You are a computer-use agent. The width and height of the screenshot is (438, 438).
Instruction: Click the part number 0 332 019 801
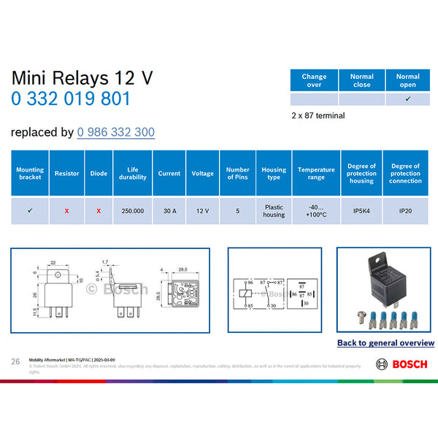[71, 99]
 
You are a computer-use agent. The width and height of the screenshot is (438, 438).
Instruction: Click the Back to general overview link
[385, 342]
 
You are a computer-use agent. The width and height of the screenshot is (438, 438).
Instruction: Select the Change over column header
[314, 80]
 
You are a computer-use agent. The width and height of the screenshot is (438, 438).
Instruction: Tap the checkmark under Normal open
[407, 99]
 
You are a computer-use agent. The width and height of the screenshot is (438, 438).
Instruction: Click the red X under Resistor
[66, 210]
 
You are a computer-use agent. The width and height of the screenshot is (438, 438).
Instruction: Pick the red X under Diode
[99, 210]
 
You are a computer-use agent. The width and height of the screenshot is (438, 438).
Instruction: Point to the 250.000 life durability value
[133, 210]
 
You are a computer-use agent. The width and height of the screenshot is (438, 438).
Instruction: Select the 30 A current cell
[169, 210]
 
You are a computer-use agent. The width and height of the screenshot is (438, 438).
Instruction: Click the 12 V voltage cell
[202, 210]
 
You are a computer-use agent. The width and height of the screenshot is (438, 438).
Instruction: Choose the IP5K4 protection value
[362, 210]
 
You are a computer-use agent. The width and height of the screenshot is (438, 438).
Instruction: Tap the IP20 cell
[405, 210]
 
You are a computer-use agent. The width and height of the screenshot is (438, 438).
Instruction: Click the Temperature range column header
[316, 174]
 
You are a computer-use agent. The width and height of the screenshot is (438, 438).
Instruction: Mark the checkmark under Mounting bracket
[30, 210]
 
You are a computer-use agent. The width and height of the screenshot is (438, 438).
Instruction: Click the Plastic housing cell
[274, 210]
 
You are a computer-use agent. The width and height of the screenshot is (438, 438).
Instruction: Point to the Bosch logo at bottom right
[401, 364]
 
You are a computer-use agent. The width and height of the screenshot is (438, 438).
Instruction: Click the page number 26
[15, 361]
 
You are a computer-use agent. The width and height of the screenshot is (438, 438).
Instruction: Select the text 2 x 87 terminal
[318, 115]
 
